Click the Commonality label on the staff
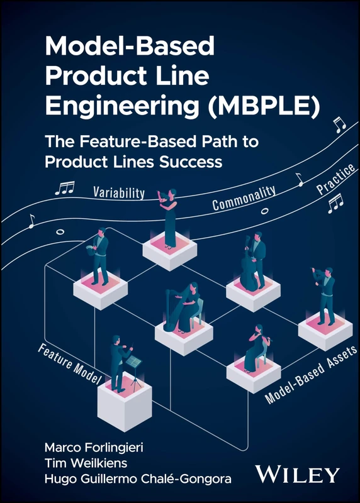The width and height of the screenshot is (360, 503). [244, 199]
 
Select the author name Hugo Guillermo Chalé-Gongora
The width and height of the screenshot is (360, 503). [137, 480]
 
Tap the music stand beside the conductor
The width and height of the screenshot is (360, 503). [133, 368]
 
